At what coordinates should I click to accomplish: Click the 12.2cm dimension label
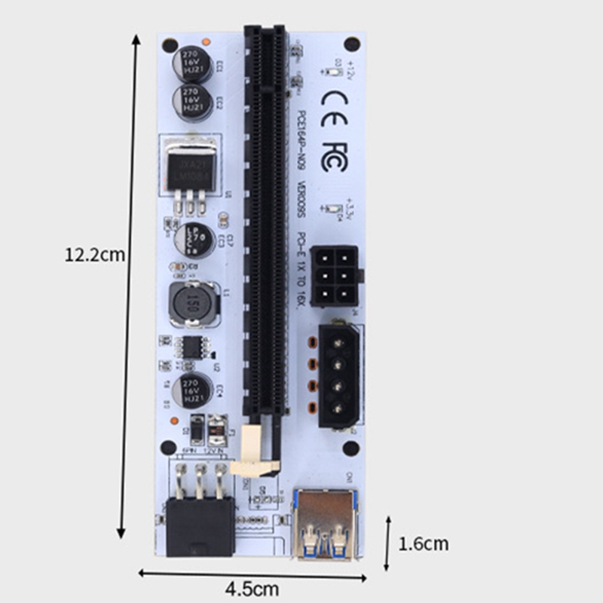point(95,254)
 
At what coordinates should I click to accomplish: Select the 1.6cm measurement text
point(424,543)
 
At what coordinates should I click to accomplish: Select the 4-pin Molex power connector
point(339,375)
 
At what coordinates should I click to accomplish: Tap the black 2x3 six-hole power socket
point(333,275)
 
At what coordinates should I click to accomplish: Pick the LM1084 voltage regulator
point(189,167)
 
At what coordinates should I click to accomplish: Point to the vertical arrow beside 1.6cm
point(387,543)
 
